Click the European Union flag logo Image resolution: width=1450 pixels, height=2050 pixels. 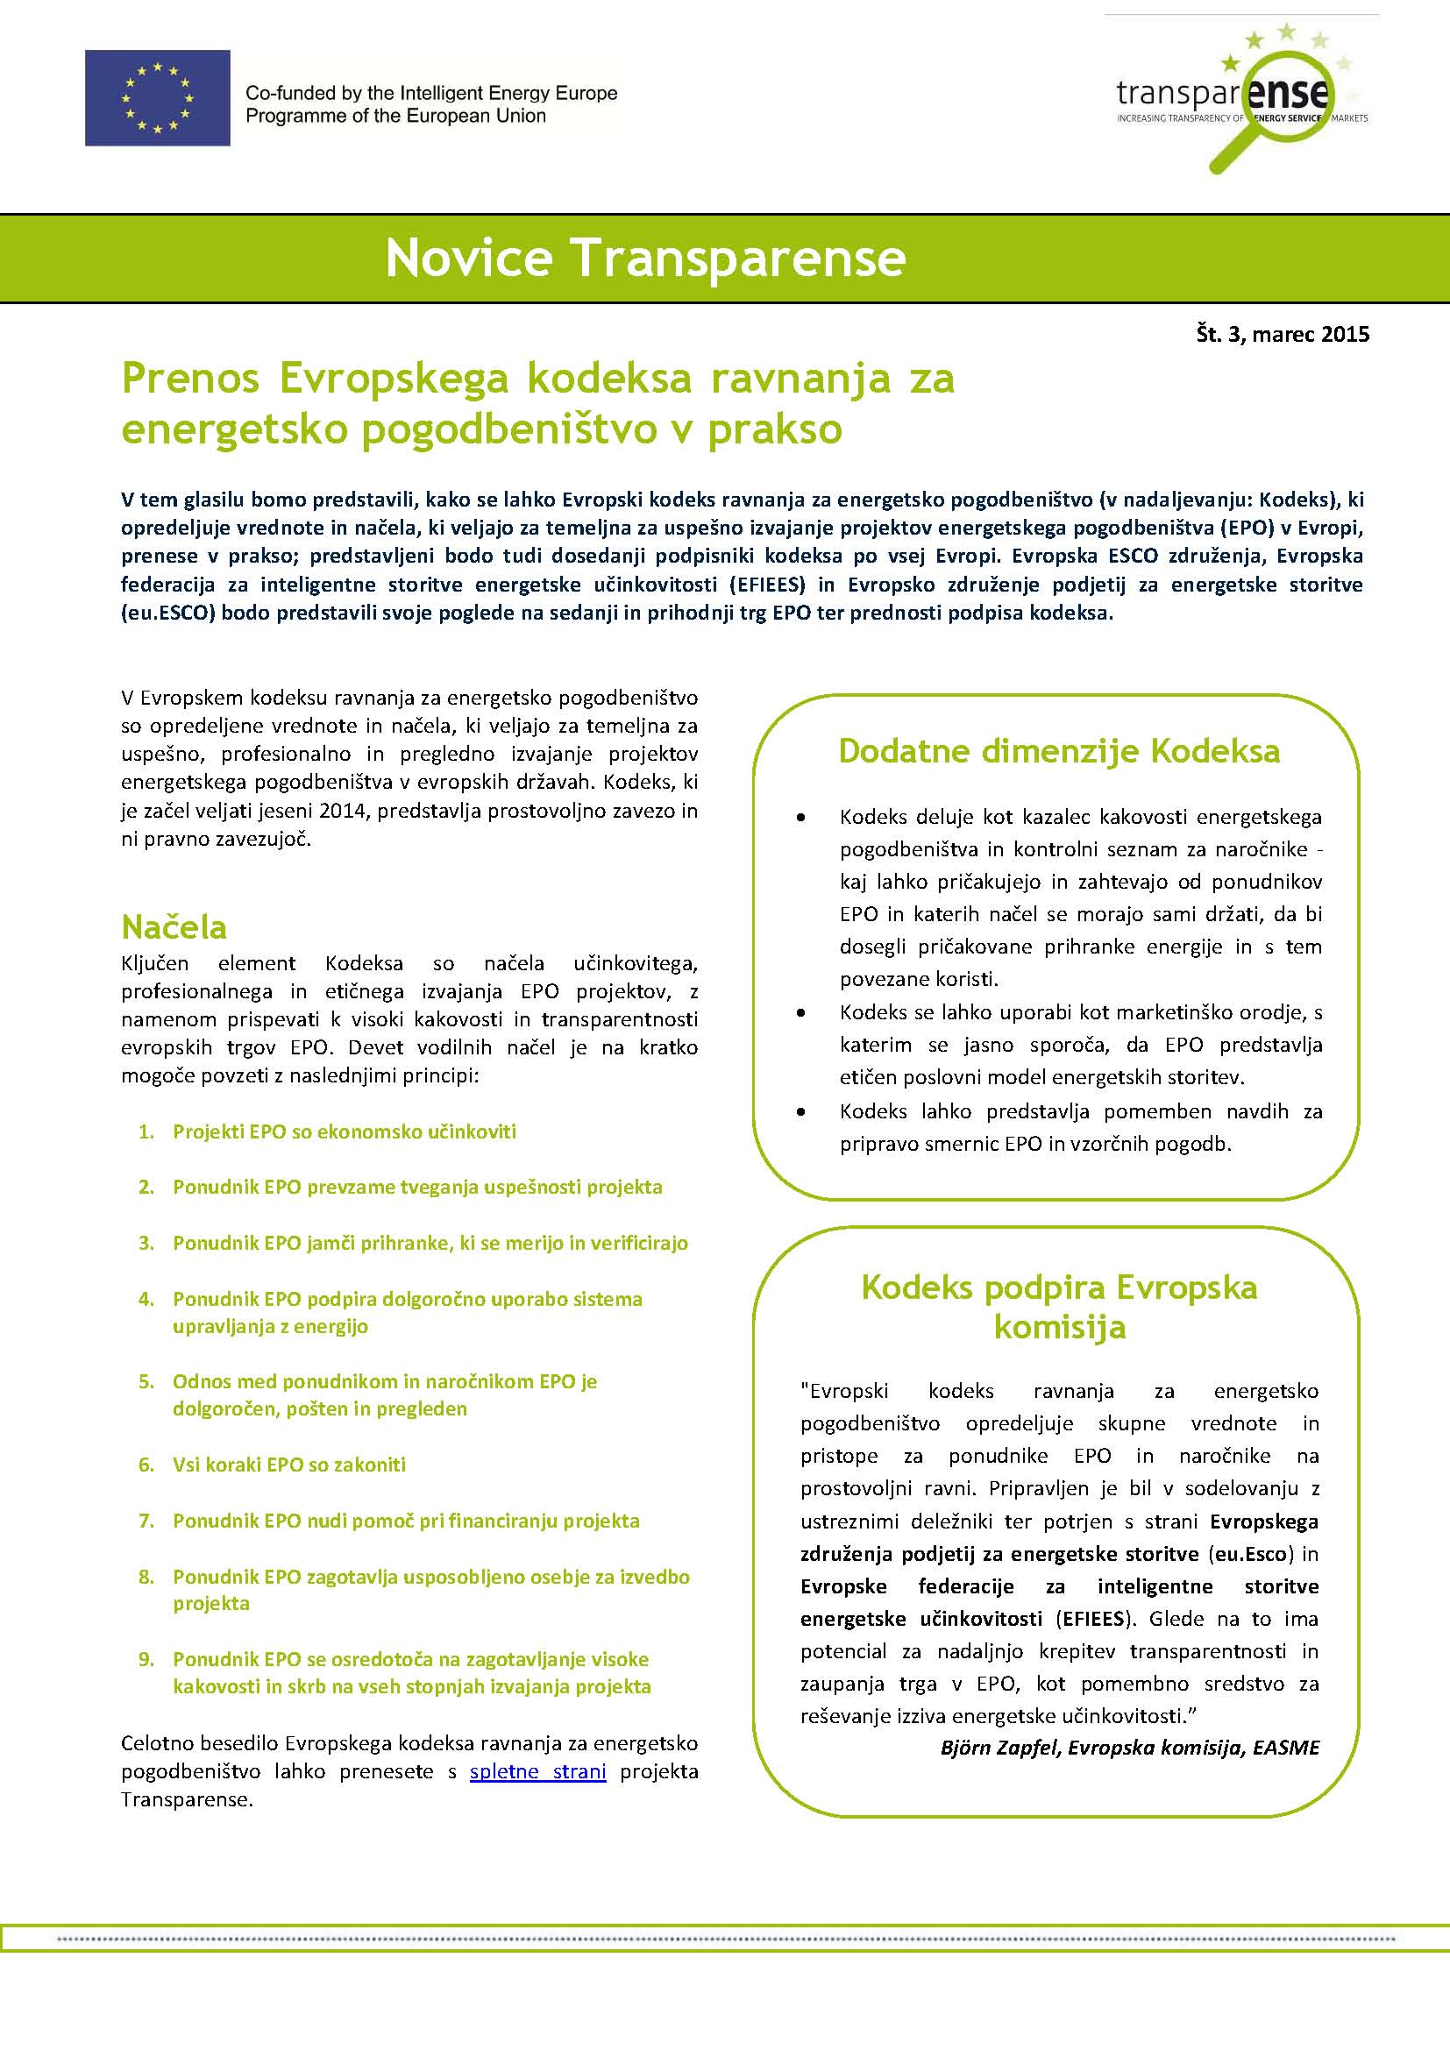click(157, 98)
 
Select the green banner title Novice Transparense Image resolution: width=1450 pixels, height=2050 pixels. click(645, 258)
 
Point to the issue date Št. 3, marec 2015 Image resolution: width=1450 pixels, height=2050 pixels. click(1283, 334)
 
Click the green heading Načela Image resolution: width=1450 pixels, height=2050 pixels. click(174, 926)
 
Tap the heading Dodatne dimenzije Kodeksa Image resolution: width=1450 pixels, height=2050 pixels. click(1059, 751)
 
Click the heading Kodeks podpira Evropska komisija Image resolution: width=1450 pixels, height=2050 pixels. click(1059, 1307)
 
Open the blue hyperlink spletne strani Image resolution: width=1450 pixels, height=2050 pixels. click(537, 1771)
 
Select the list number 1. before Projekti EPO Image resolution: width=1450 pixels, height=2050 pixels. click(147, 1132)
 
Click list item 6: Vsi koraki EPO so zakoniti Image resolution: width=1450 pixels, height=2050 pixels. click(289, 1465)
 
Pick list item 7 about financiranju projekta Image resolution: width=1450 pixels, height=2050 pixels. click(406, 1521)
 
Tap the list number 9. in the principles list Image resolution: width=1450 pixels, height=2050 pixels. click(147, 1659)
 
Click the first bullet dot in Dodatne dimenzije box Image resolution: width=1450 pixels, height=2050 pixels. click(801, 818)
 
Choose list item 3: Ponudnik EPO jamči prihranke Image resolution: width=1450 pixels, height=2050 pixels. click(430, 1243)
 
